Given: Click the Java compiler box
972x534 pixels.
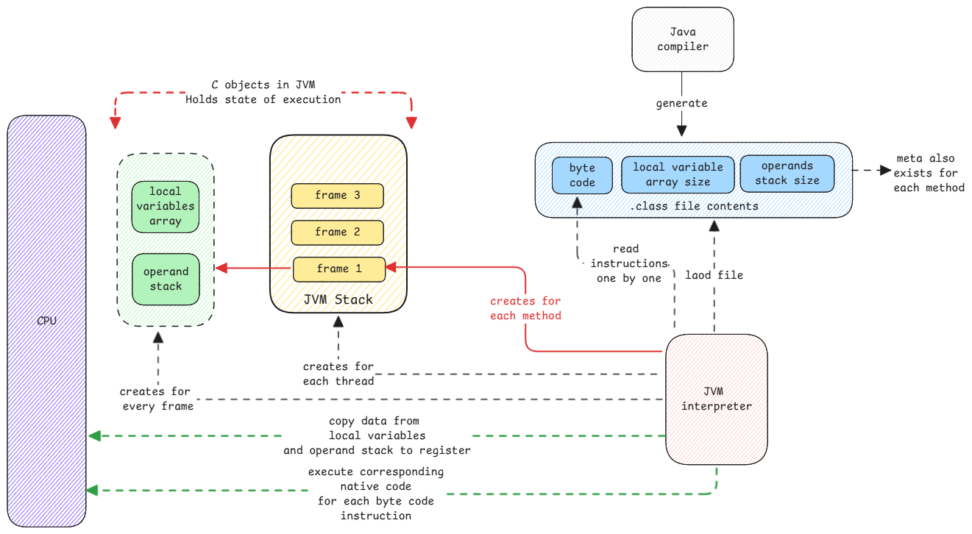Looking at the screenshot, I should [x=682, y=39].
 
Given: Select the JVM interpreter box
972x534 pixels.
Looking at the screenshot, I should [x=716, y=399].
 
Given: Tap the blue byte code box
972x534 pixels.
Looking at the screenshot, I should [x=582, y=175].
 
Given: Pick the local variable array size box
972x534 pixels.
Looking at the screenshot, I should [x=678, y=174].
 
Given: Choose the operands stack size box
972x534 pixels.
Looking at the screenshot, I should [x=787, y=173].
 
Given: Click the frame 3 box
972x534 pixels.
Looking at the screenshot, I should [x=338, y=196].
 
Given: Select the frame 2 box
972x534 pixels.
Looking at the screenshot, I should [x=338, y=232].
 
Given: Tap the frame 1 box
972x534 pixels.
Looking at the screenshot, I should [x=339, y=269].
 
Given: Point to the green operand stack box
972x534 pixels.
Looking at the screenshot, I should [x=166, y=279].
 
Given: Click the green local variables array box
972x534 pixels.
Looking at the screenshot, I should [x=166, y=206].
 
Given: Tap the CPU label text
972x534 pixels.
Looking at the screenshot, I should [x=46, y=321].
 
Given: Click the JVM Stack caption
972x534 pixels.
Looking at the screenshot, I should [x=338, y=299].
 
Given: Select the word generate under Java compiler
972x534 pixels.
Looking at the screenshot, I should [x=681, y=104].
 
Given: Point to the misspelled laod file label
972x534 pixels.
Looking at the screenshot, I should [x=714, y=275].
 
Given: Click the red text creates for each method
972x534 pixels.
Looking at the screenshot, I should [x=525, y=308].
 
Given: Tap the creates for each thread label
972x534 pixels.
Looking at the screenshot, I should [x=338, y=374].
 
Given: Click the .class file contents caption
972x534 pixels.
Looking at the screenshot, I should [x=694, y=206].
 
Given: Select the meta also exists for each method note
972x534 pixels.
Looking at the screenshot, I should [x=929, y=173].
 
